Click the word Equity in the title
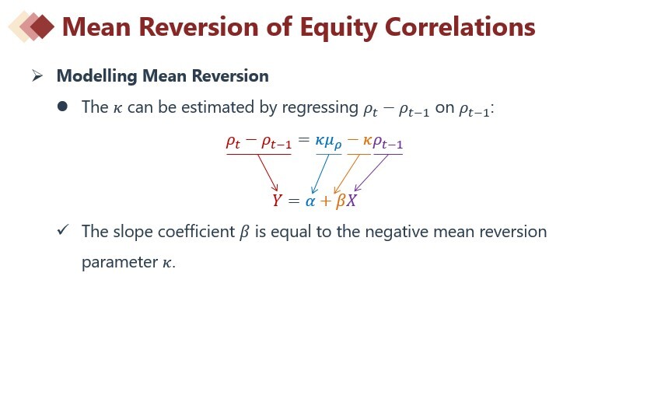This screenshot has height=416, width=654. point(338,28)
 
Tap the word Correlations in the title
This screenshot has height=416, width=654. point(460,26)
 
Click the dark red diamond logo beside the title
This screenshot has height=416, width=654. point(42,26)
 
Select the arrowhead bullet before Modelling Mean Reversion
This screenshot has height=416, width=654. point(37,75)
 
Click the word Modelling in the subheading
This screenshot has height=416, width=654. point(96,76)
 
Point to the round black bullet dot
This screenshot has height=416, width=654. point(62,107)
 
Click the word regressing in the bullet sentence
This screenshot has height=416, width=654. point(320,107)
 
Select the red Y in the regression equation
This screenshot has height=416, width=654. point(278,201)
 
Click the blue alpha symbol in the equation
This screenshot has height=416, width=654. point(310,201)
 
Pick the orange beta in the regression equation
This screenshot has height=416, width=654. point(341,201)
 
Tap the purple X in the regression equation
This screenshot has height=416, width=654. point(351,201)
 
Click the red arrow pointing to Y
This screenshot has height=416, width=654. point(268,173)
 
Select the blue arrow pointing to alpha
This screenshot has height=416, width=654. point(320,174)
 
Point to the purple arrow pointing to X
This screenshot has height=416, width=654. point(371,173)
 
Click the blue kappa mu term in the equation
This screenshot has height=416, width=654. point(329,142)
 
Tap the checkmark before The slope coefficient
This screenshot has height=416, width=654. point(63,229)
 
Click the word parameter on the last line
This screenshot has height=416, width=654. point(120,263)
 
